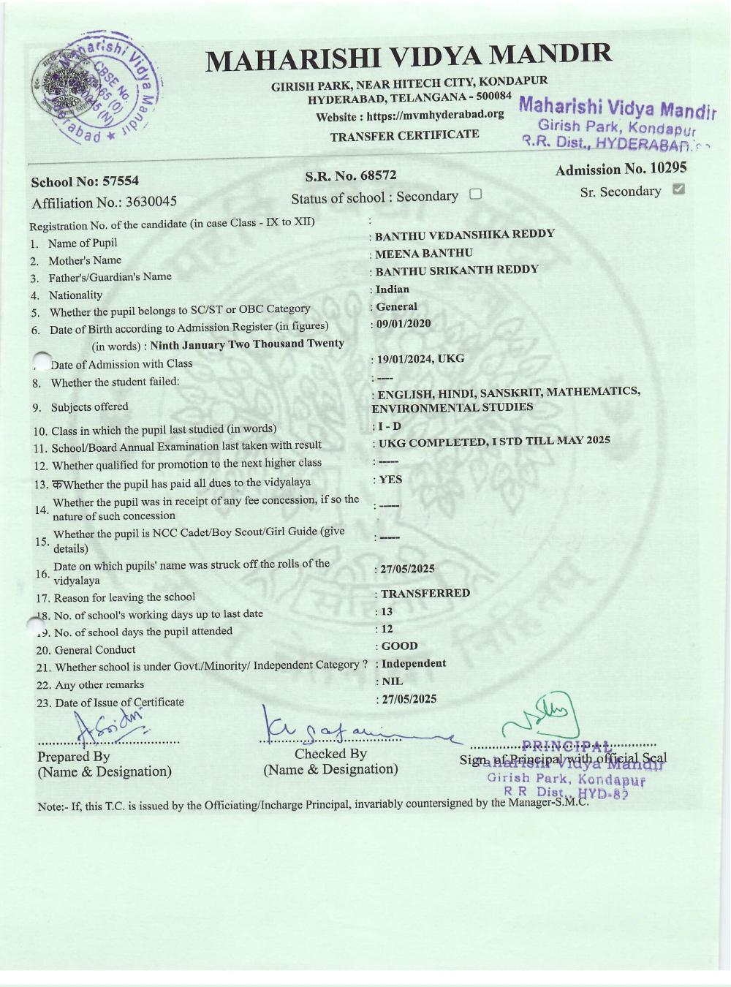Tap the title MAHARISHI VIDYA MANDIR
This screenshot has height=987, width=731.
click(409, 58)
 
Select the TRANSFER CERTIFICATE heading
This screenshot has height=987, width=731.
click(404, 135)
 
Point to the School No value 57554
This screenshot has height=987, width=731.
click(121, 181)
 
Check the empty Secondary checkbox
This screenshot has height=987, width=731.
click(475, 194)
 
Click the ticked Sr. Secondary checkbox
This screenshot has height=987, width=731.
click(678, 189)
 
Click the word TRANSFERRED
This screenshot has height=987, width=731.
click(425, 593)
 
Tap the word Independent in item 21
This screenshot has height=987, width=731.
click(414, 663)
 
